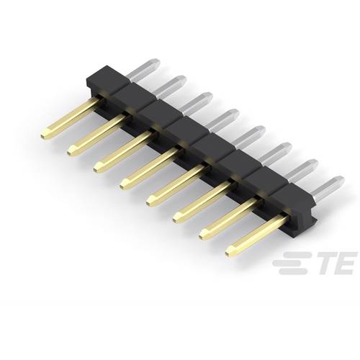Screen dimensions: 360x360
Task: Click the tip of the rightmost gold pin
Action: [x=233, y=251]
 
